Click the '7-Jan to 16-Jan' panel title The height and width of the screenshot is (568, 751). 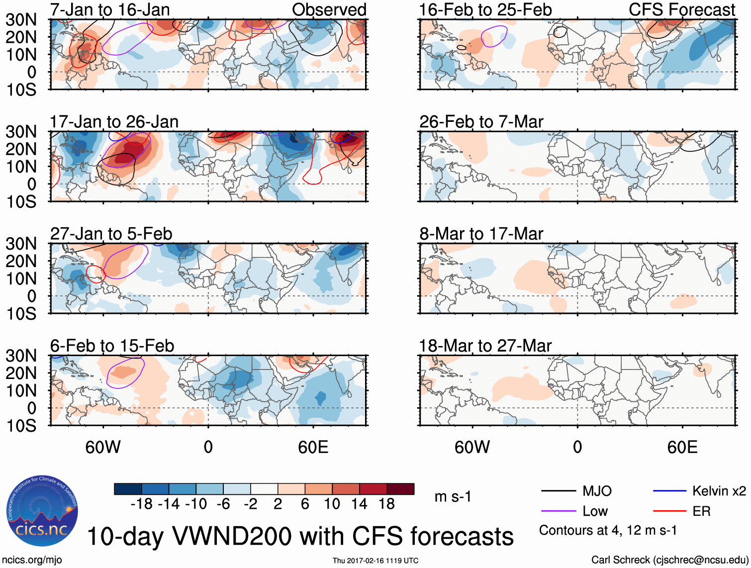pos(110,9)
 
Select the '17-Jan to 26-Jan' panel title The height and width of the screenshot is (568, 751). pos(114,122)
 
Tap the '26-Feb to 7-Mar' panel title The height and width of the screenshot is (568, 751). pos(481,122)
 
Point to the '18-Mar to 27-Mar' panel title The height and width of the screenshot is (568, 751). pos(485,346)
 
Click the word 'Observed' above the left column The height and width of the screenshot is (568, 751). pos(329,9)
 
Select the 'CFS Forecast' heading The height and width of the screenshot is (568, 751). pos(681,9)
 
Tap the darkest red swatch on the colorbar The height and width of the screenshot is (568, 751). pos(400,489)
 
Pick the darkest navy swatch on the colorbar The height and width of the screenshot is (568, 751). pos(128,489)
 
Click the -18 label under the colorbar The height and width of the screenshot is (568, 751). pos(142,504)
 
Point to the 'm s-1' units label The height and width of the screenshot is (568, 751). pos(453,496)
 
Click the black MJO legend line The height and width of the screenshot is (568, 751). pos(558,491)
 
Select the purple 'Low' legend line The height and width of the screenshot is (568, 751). pos(558,511)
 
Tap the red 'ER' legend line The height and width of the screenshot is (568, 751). pos(669,511)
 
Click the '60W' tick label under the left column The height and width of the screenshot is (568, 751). pos(103,447)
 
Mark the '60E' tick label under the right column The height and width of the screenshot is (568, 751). pos(682,447)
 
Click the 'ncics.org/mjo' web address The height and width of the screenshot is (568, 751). pos(31,560)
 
